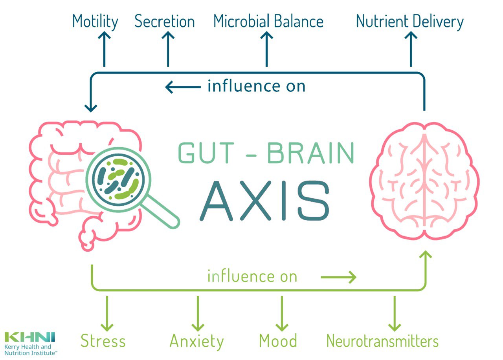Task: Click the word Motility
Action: (x=95, y=22)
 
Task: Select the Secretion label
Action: (x=164, y=22)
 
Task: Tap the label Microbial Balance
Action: (x=268, y=22)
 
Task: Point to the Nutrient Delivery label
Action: (x=410, y=22)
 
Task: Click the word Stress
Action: (x=103, y=341)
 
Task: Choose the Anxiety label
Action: (x=196, y=341)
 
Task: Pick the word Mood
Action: (x=278, y=341)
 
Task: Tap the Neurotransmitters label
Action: (x=382, y=341)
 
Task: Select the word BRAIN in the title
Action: (x=310, y=154)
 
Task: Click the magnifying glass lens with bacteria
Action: (x=116, y=179)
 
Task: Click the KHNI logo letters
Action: (x=30, y=337)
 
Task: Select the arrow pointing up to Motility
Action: (x=104, y=49)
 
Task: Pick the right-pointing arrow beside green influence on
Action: (x=338, y=278)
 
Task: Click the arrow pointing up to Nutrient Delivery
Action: (x=411, y=49)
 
